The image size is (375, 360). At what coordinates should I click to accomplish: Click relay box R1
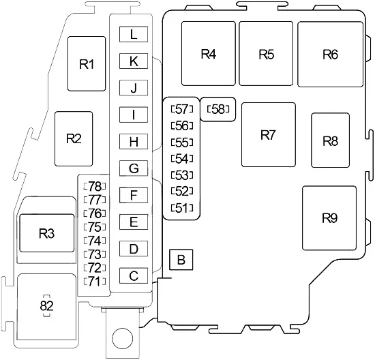(87, 63)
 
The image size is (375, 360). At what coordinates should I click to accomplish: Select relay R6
(330, 54)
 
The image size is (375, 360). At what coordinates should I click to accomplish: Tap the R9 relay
(329, 218)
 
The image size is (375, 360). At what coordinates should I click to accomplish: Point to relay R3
(47, 233)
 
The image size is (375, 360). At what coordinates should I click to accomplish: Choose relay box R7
(269, 135)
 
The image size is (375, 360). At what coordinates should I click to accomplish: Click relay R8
(330, 140)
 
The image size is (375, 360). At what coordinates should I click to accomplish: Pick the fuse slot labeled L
(134, 34)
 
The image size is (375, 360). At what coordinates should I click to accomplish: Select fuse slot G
(134, 168)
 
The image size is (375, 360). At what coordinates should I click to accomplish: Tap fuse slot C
(134, 275)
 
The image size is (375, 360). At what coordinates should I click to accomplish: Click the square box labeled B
(181, 260)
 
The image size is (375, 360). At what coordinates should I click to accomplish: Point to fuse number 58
(218, 109)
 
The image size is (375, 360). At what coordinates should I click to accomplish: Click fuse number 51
(182, 208)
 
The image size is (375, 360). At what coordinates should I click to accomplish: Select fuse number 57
(182, 109)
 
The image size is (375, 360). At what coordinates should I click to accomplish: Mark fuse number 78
(95, 186)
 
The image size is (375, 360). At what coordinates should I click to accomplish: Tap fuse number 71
(95, 282)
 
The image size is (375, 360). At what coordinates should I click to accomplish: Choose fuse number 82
(46, 305)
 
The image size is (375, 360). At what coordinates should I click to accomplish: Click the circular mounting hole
(122, 338)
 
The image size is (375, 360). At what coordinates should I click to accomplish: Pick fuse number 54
(182, 159)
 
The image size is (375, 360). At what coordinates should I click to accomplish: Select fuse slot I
(134, 115)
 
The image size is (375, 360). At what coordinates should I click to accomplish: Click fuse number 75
(95, 227)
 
